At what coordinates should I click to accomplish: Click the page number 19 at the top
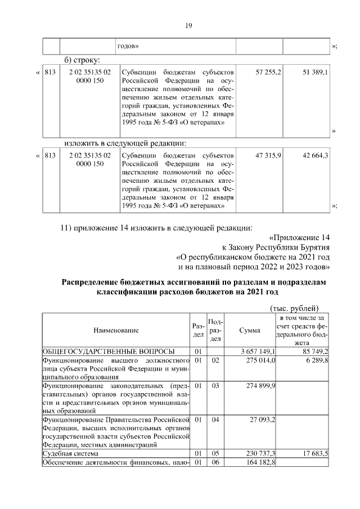(x=189, y=25)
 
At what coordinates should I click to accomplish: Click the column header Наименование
(x=116, y=331)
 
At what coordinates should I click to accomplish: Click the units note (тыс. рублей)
(x=294, y=308)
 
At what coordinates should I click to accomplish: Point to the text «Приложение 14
(x=299, y=237)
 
